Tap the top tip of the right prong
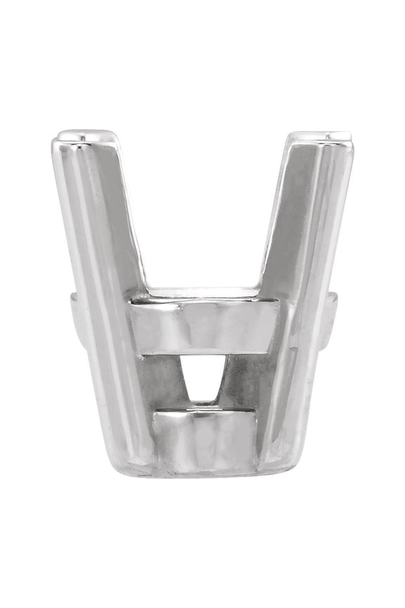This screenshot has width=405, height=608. pos(321,136)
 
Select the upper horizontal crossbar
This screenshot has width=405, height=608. pos(204,327)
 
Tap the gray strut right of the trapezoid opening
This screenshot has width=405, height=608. pos(243,384)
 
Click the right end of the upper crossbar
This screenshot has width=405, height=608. pos(271,327)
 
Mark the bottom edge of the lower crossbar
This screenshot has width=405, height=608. pos(204,467)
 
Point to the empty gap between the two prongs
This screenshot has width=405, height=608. pos(204,211)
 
